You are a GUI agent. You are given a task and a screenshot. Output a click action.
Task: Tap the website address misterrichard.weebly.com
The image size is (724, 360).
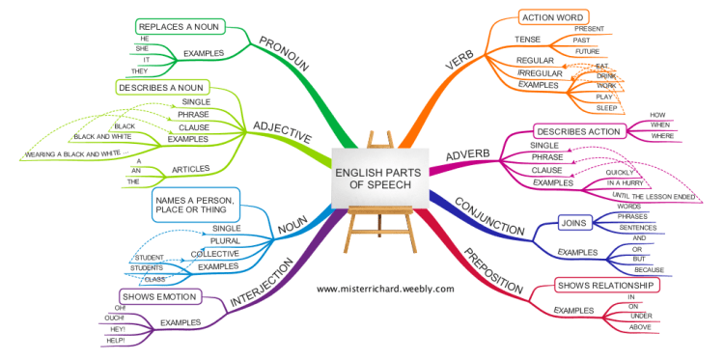pos(384,289)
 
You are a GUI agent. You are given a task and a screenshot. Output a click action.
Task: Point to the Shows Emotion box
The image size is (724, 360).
pos(160,295)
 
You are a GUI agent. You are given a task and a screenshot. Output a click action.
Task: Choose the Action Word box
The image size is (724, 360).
pos(550,18)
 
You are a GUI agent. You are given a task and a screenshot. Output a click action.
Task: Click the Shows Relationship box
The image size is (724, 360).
pos(607,286)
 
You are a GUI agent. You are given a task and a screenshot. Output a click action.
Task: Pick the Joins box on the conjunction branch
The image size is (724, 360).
pos(573,223)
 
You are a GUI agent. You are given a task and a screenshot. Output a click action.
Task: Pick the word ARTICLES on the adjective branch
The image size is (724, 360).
pos(190,170)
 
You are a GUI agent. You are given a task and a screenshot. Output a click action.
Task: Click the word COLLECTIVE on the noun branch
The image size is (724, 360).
pos(214,253)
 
